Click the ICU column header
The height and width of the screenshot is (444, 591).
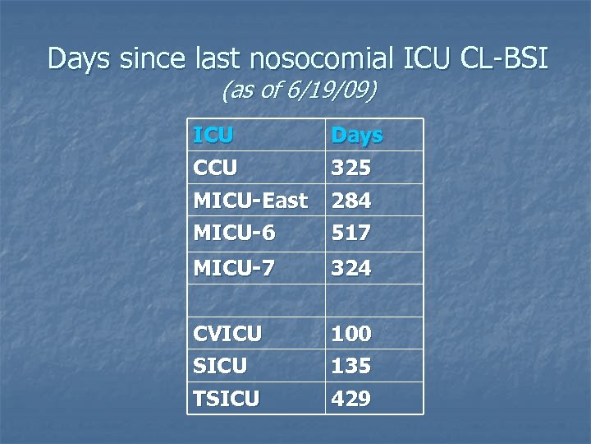coord(213,135)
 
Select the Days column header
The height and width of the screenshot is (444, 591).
coord(356,135)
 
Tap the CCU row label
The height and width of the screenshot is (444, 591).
coord(215,169)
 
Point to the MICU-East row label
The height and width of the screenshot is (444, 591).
coord(250,201)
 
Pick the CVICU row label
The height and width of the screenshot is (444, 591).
coord(227,334)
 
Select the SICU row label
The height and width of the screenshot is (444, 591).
coord(219,366)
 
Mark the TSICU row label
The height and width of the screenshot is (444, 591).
coord(226,400)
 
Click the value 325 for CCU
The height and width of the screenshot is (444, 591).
coord(350,169)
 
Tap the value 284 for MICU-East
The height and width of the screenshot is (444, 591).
coord(350,201)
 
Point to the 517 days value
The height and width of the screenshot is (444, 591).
coord(350,234)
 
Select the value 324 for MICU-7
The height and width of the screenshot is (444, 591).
coord(350,268)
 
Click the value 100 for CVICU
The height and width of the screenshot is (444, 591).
coord(350,334)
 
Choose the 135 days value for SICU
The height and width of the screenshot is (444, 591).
coord(350,366)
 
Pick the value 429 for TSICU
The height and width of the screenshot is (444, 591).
coord(350,400)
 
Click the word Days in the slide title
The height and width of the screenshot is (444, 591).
coord(80,59)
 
